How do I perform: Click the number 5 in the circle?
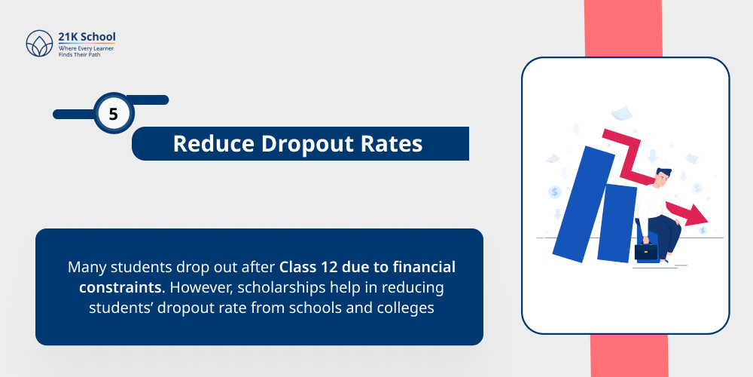tap(114, 115)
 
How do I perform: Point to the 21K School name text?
tap(87, 36)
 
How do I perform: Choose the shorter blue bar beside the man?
tap(619, 222)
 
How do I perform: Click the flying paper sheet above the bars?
tap(621, 113)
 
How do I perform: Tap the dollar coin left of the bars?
tap(555, 192)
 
